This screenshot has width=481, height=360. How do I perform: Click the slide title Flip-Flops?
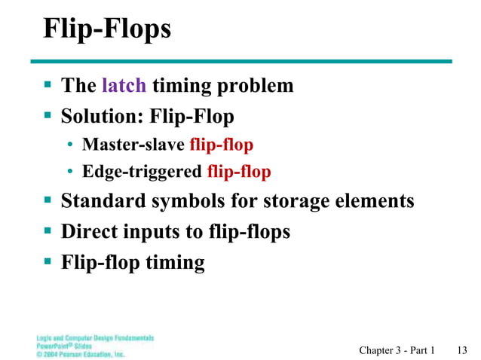(107, 29)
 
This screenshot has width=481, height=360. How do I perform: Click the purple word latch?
(124, 86)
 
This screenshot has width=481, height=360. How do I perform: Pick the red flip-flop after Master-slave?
(221, 145)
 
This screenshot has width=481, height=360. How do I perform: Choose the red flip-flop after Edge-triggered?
(238, 172)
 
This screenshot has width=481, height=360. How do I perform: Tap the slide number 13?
(463, 350)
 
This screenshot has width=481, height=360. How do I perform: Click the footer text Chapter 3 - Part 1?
(397, 350)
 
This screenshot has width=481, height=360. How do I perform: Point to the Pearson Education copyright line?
(81, 353)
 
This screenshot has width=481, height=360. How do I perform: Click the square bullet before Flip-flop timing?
(47, 261)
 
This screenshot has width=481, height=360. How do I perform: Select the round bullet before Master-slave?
(70, 145)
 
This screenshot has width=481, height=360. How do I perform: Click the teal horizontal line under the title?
(241, 61)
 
